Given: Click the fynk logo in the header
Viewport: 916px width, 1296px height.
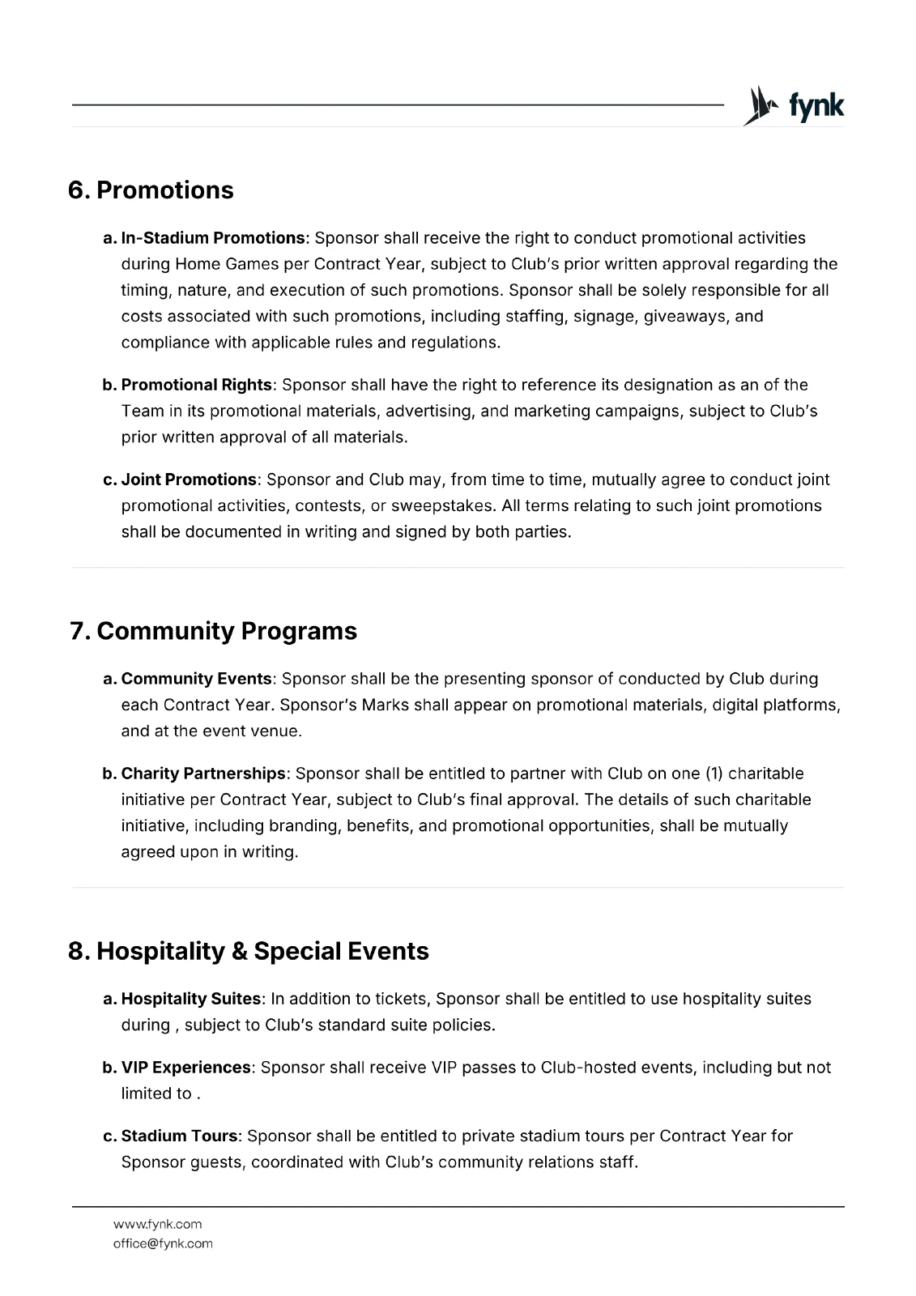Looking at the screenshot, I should (x=793, y=106).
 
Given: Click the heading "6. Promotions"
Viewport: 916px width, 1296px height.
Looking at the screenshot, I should (x=151, y=190).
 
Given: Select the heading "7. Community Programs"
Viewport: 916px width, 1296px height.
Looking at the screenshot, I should (x=214, y=631).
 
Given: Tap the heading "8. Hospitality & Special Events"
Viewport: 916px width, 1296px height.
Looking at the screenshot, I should (x=249, y=950).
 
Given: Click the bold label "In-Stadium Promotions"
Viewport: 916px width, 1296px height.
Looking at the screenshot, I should (x=213, y=238).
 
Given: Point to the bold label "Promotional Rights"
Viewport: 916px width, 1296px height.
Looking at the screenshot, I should (x=197, y=385).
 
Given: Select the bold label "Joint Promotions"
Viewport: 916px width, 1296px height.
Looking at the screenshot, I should (x=189, y=480).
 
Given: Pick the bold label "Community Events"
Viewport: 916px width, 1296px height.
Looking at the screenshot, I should (x=197, y=679).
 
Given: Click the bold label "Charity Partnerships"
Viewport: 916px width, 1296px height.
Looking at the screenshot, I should (x=203, y=774).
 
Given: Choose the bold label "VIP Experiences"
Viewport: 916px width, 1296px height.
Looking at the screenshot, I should (x=185, y=1068).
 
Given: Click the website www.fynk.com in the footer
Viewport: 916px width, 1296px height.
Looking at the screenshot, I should (x=158, y=1224).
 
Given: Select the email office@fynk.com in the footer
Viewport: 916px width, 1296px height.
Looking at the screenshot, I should (x=163, y=1243).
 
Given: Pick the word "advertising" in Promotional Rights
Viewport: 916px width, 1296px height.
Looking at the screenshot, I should (x=428, y=411).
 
